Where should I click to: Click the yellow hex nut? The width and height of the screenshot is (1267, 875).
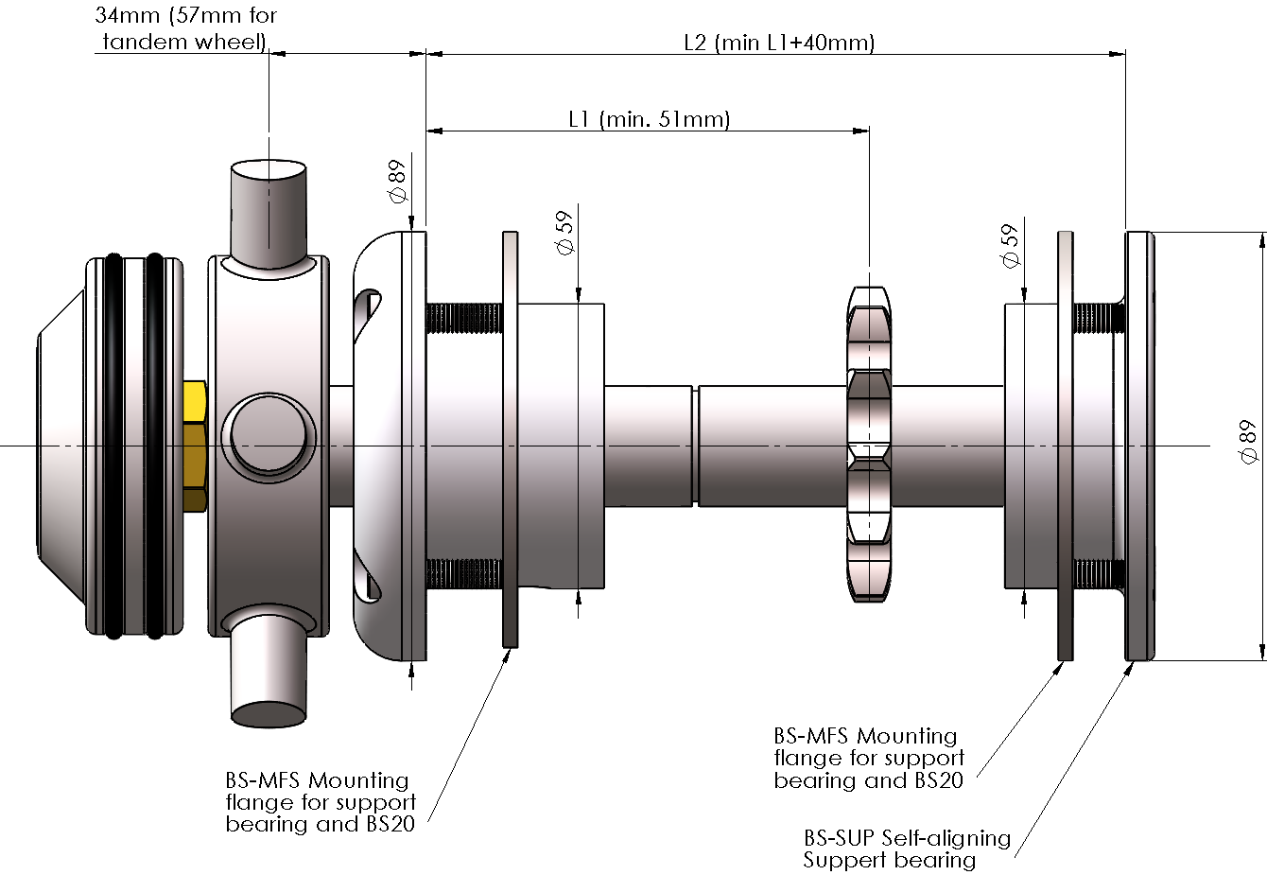coord(194,445)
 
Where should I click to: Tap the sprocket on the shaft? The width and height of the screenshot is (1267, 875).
coord(869,445)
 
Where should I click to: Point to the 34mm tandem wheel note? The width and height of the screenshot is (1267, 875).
coord(185,28)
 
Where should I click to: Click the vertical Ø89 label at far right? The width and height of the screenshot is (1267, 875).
coord(1247,442)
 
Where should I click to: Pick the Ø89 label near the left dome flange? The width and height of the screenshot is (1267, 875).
coord(397,181)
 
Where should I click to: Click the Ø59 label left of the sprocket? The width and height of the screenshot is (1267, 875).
coord(565,233)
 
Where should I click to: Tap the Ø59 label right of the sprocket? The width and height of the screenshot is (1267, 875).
coord(1011,246)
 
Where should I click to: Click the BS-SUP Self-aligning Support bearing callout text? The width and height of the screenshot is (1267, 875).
coord(906,849)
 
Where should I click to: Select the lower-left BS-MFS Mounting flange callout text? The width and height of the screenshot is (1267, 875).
coord(321,802)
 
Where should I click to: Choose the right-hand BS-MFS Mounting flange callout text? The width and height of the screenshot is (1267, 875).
coord(869,758)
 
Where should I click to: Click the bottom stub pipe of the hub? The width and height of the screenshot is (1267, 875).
coord(269,672)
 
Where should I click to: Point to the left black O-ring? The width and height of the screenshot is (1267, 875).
coord(113,445)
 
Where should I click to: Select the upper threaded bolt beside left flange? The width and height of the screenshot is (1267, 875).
coord(463,318)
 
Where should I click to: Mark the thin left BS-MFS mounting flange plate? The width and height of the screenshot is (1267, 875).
coord(510,440)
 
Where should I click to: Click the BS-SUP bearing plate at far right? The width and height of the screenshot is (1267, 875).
coord(1139,445)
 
